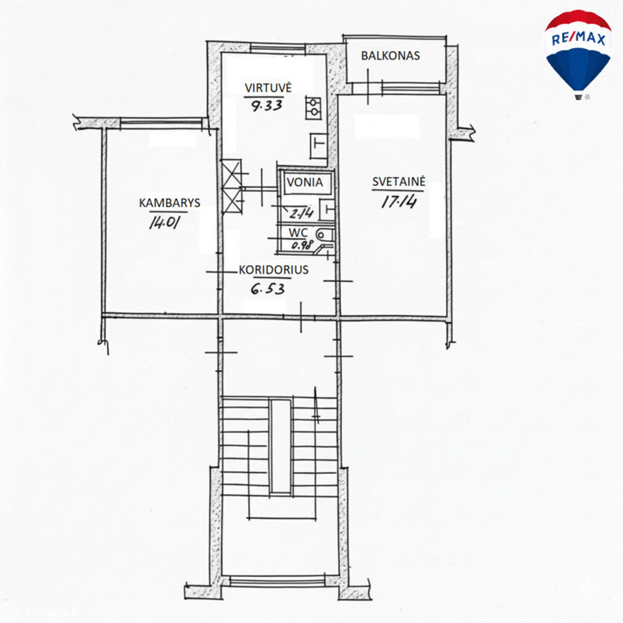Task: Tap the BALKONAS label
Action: tap(390, 56)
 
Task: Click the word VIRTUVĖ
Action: tap(268, 88)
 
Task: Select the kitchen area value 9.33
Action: tap(267, 106)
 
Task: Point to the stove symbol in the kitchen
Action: tap(313, 108)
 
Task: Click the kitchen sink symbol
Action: tap(319, 146)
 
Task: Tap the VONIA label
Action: tap(305, 182)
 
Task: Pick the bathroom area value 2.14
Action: tap(301, 214)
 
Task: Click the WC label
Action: tap(298, 233)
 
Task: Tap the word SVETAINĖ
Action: tap(399, 181)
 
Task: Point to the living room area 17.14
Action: tap(399, 201)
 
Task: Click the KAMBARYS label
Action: tap(170, 203)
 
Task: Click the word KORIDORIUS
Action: tap(273, 270)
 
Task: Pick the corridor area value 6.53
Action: tap(268, 289)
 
